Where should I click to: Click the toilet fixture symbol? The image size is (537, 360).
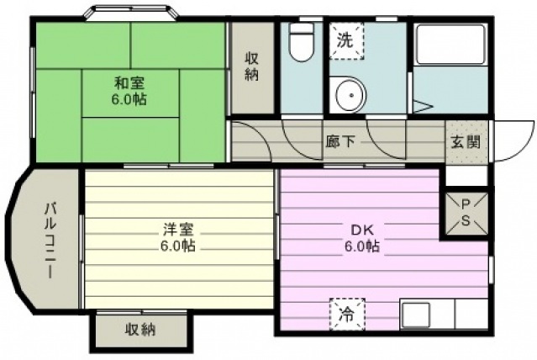coord(301,42)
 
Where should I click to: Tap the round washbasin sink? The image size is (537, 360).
coord(350,95)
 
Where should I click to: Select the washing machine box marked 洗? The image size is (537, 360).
coord(346,41)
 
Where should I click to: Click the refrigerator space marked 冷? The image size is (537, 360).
coord(347,314)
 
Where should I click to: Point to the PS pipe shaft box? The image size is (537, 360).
coord(466,214)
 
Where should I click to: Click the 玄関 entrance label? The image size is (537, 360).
coord(465,141)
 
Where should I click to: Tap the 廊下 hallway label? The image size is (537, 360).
coord(340,141)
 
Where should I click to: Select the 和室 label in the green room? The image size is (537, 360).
coord(129,83)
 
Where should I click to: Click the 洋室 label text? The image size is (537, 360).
coord(178,230)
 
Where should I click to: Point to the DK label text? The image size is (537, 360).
coord(362,230)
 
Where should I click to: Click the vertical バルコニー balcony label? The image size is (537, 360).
coord(50,241)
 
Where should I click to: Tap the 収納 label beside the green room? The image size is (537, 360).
coord(252,66)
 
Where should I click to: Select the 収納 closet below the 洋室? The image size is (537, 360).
coord(141,331)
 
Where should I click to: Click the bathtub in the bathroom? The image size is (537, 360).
coord(450,45)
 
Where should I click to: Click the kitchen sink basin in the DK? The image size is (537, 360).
coord(416,315)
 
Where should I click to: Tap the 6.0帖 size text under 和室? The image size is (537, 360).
coord(129,99)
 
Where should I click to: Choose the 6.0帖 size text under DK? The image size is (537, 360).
coord(362,246)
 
